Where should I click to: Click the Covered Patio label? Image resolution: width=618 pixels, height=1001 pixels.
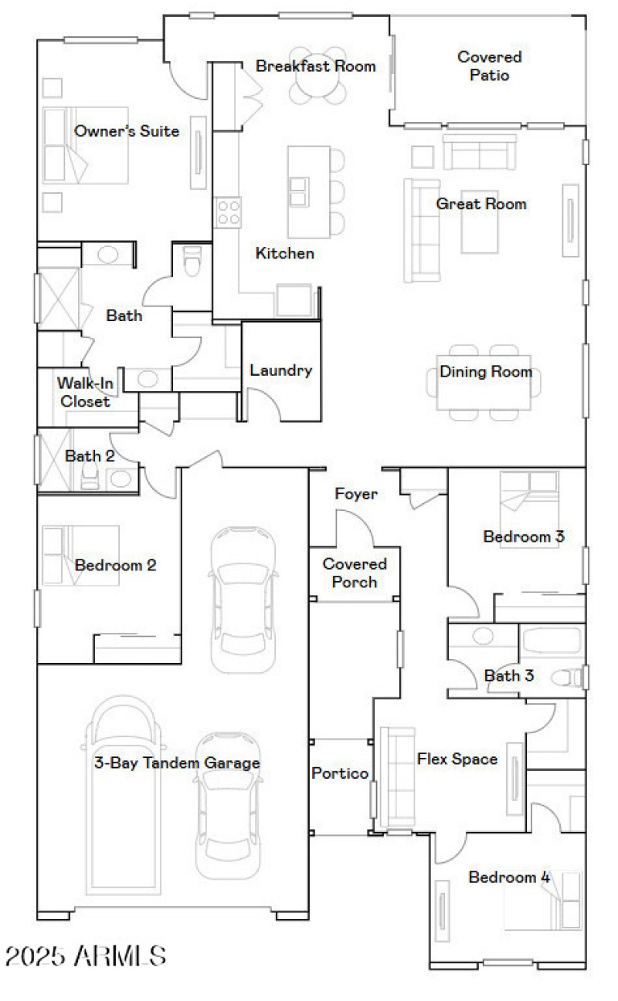(489, 66)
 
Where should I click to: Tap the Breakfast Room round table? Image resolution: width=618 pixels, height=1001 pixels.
(317, 86)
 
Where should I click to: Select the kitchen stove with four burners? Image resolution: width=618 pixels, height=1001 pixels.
(228, 211)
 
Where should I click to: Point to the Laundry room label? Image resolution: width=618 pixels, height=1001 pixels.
(280, 370)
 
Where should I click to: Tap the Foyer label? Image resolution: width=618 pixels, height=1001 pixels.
(355, 494)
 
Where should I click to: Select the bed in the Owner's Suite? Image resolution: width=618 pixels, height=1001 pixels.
(85, 145)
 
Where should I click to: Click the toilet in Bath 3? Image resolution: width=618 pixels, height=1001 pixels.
(572, 677)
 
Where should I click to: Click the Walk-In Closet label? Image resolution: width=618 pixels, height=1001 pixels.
(86, 391)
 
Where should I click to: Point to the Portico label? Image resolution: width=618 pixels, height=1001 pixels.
(339, 773)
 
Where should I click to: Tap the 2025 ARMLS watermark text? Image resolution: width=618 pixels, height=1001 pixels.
(85, 956)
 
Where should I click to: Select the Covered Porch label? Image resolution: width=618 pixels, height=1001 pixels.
(355, 573)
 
